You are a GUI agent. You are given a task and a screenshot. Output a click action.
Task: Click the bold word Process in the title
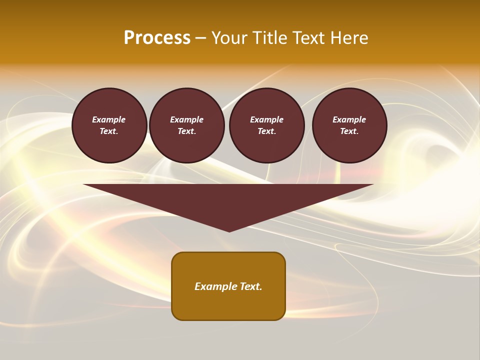[157, 38]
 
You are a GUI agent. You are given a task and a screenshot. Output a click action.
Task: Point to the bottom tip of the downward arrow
[229, 230]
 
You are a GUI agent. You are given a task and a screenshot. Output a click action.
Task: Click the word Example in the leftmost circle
[109, 119]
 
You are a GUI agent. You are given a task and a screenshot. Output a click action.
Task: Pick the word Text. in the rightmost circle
[349, 131]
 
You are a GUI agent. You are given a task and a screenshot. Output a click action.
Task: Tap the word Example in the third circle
[267, 119]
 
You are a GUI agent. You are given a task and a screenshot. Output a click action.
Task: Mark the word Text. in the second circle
[187, 131]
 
